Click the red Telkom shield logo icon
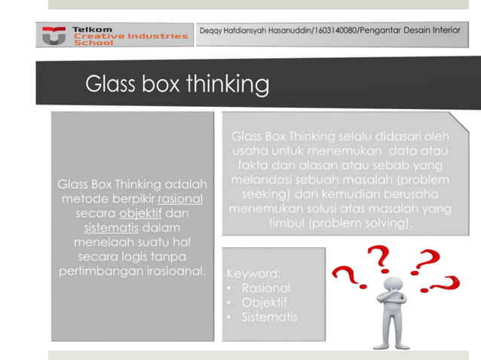[x=53, y=35]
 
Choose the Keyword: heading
[x=253, y=273]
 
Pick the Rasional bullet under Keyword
[x=265, y=288]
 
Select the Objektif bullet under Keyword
[x=265, y=302]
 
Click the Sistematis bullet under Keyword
[x=269, y=316]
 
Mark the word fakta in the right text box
[x=254, y=166]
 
